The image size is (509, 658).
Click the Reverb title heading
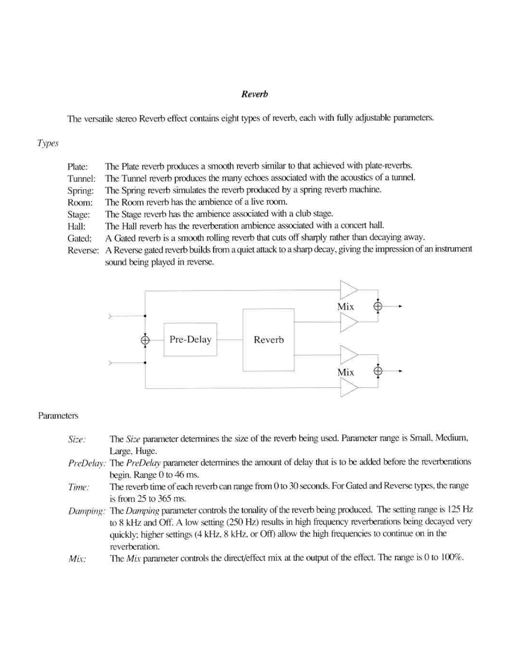(x=254, y=94)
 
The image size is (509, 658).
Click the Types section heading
(x=48, y=144)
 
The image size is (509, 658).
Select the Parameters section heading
(x=58, y=415)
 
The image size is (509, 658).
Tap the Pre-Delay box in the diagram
(x=190, y=339)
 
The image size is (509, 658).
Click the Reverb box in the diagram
(x=268, y=340)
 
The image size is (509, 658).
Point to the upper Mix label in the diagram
(x=345, y=306)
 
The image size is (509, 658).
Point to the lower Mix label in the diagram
(x=345, y=372)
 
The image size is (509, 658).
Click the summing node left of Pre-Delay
(x=145, y=340)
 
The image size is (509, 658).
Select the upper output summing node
(x=378, y=306)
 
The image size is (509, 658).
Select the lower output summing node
(x=378, y=371)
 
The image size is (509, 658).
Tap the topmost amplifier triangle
(x=348, y=290)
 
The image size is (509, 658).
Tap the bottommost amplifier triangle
(x=348, y=387)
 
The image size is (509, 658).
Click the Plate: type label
(x=77, y=167)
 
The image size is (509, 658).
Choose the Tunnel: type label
(x=81, y=179)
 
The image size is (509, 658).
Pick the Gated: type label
(x=79, y=239)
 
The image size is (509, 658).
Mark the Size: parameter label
(x=77, y=439)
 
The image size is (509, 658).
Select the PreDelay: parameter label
(x=87, y=463)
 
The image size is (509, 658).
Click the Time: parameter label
(x=78, y=487)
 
